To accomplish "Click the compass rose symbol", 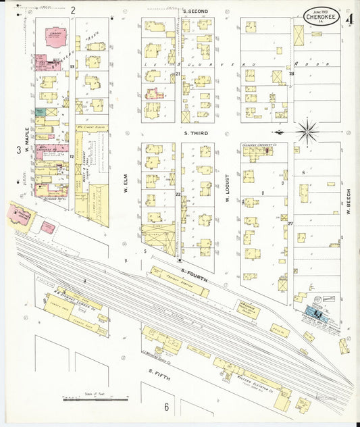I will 307,130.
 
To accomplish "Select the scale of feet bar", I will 94,399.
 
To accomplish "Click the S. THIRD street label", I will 196,134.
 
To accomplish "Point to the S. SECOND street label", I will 195,11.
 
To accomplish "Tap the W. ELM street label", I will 126,183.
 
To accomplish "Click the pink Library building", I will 53,38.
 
